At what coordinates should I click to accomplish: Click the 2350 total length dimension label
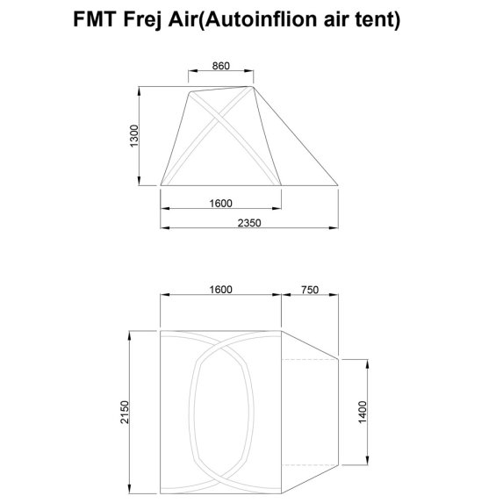tap(250, 223)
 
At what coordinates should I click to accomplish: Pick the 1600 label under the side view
tap(219, 203)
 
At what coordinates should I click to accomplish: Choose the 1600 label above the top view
tap(219, 290)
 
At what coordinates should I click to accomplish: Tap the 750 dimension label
tap(309, 290)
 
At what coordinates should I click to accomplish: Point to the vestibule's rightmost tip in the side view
tap(339, 183)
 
